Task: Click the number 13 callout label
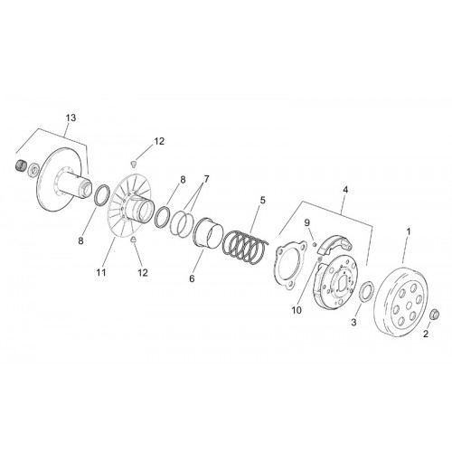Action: (71, 118)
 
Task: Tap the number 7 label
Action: (206, 179)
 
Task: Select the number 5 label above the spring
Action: (262, 200)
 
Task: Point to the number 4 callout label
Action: (345, 190)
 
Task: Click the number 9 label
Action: (307, 223)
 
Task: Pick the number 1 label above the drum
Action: (409, 231)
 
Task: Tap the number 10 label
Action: (297, 311)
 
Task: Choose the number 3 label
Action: (353, 322)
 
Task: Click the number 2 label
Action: (426, 334)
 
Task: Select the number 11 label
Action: (101, 272)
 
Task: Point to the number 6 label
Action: (192, 278)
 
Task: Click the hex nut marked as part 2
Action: (434, 315)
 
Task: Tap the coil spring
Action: (245, 248)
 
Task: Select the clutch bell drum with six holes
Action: (400, 302)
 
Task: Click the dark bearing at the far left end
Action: (21, 165)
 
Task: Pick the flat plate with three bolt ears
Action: (289, 264)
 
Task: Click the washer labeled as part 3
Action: (366, 291)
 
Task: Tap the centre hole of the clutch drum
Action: (409, 306)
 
